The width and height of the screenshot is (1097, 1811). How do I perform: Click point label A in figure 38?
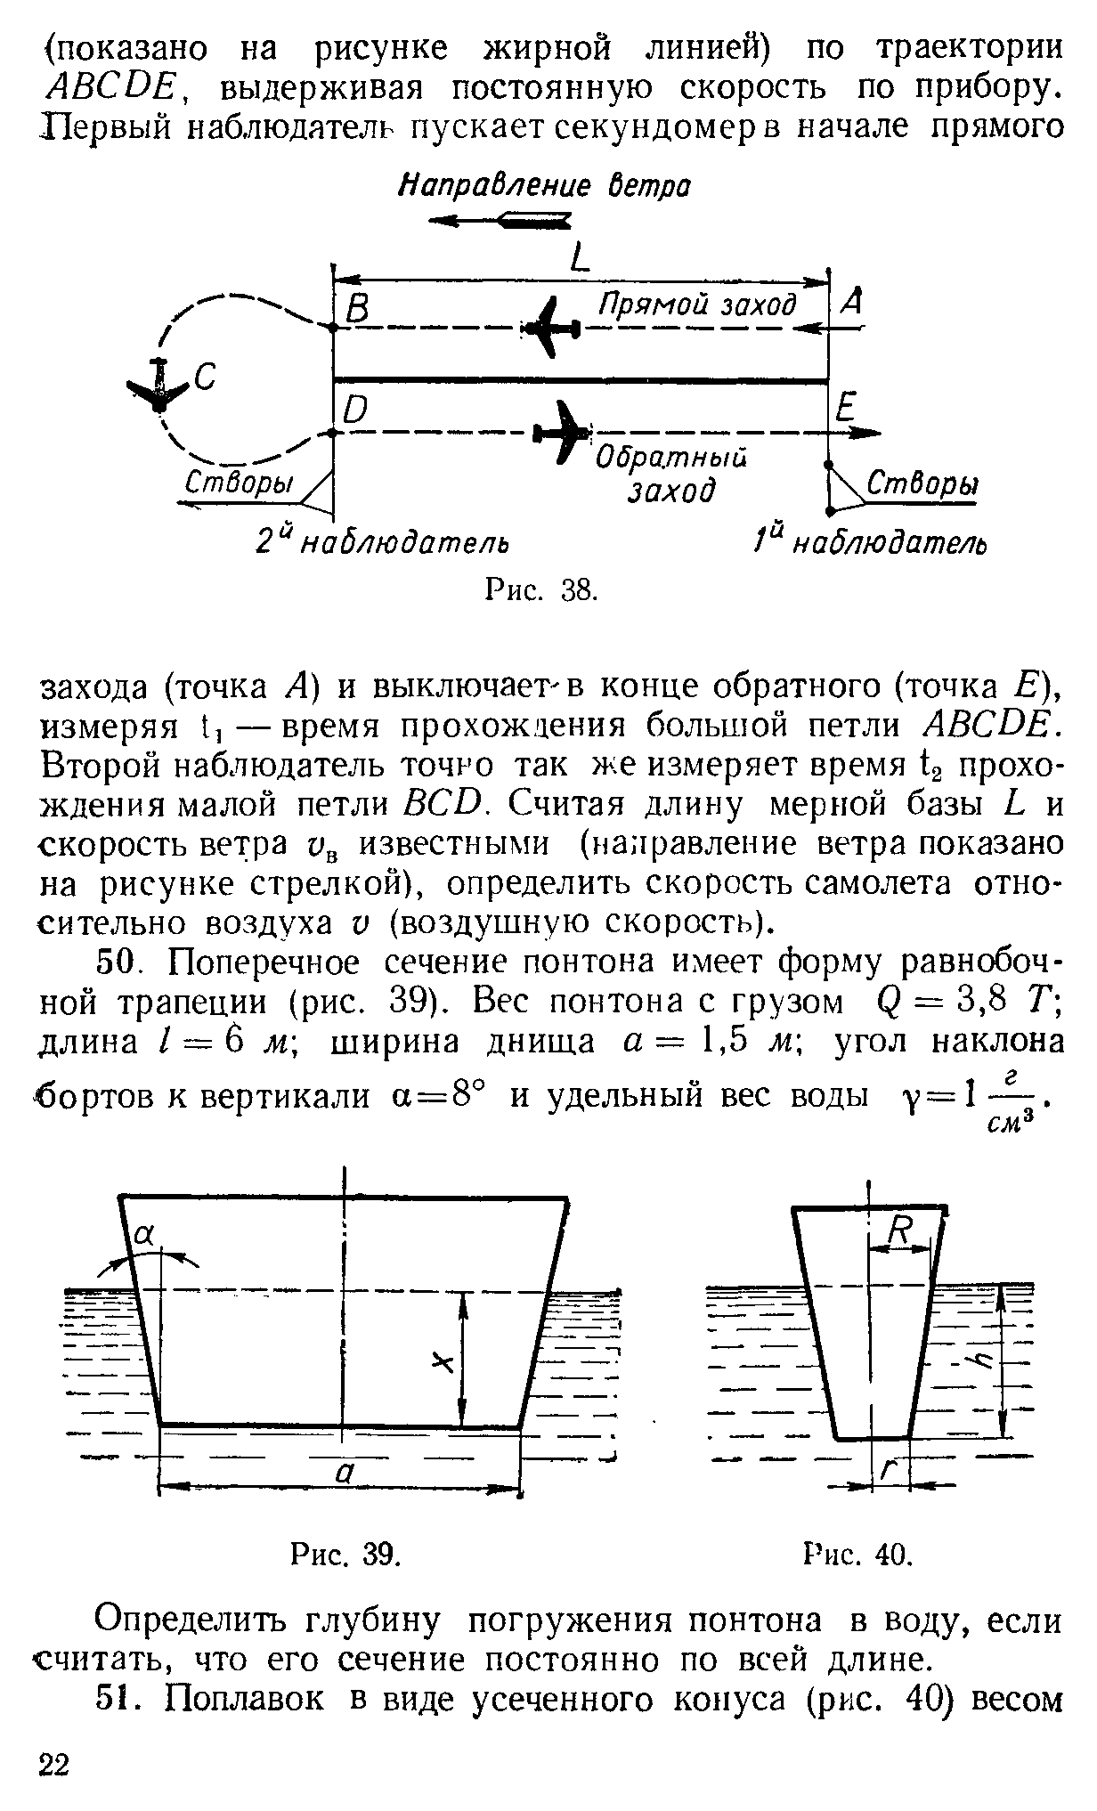pos(851,304)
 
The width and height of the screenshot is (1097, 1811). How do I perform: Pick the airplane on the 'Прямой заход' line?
pos(552,328)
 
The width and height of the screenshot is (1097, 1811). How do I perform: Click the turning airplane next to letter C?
pos(159,386)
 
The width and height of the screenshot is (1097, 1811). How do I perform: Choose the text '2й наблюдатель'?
pos(382,540)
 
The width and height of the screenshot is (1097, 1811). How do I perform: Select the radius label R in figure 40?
pos(901,1232)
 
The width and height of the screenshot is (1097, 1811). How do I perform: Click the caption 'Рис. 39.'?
pos(346,1554)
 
